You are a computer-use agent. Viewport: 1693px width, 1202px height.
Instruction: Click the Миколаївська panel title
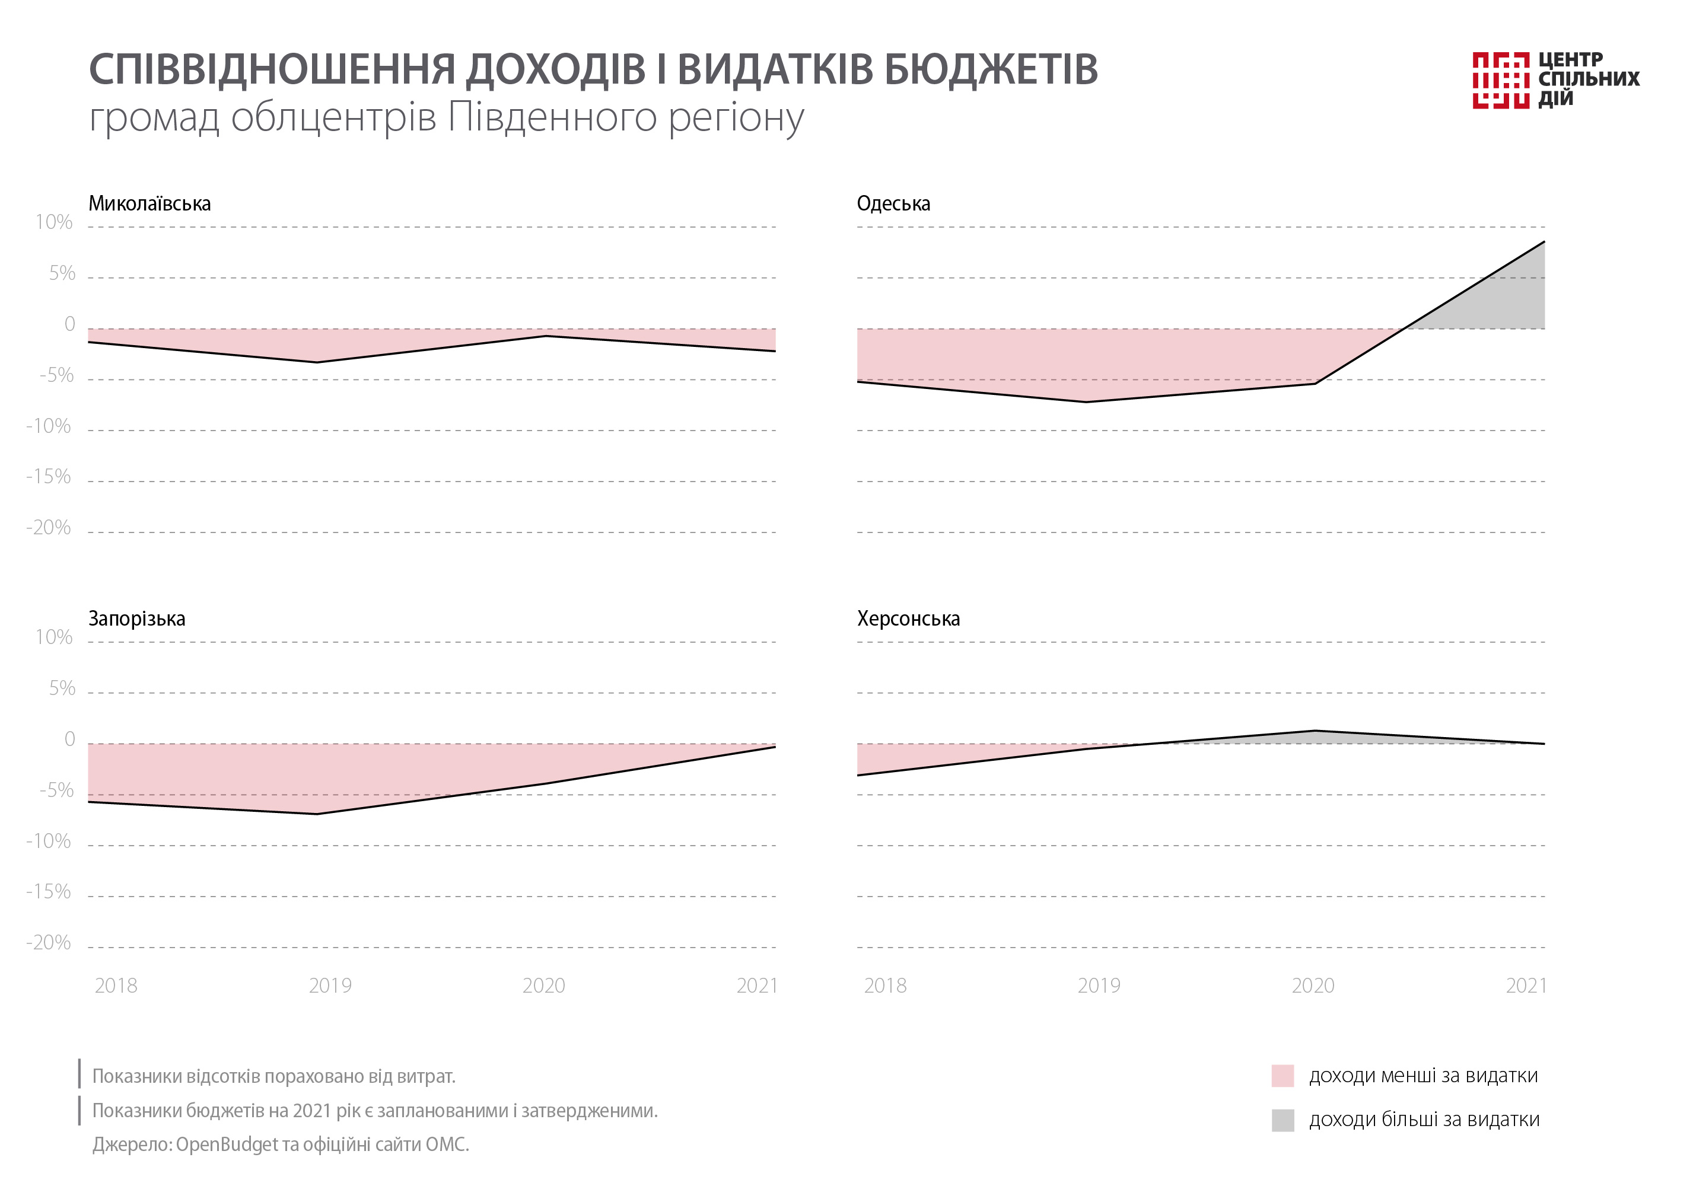pyautogui.click(x=149, y=203)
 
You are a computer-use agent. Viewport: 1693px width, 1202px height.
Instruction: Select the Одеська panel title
pyautogui.click(x=893, y=203)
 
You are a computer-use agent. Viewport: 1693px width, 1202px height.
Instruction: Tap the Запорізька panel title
pyautogui.click(x=137, y=618)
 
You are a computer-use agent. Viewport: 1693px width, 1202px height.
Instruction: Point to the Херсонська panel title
pyautogui.click(x=908, y=618)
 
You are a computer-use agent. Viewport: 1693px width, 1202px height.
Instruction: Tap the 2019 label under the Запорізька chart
pyautogui.click(x=330, y=986)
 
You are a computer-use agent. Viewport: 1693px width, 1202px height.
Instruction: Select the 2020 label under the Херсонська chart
pyautogui.click(x=1313, y=986)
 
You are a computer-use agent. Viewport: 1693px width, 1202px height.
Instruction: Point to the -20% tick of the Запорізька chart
pyautogui.click(x=49, y=942)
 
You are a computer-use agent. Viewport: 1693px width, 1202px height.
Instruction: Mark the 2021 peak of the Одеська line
pyautogui.click(x=1544, y=242)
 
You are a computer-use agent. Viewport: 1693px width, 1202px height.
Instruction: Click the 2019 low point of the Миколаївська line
pyautogui.click(x=317, y=362)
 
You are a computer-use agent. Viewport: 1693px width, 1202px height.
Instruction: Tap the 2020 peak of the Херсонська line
pyautogui.click(x=1314, y=731)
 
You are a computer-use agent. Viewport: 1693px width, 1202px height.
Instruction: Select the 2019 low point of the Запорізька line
pyautogui.click(x=317, y=814)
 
